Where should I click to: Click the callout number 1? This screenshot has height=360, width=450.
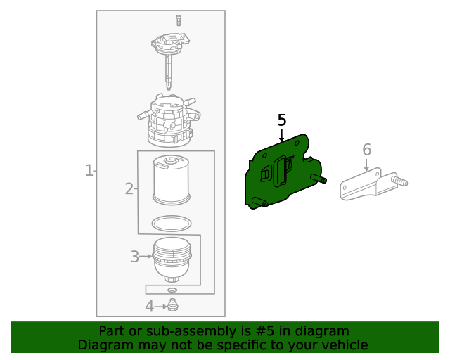[x=89, y=170]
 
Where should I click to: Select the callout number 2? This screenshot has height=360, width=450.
[x=129, y=188]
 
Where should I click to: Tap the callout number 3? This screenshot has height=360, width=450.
[x=134, y=257]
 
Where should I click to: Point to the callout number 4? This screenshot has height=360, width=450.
[x=149, y=307]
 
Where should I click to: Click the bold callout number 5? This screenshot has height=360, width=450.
[x=282, y=120]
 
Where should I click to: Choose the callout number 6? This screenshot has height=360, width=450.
[x=366, y=149]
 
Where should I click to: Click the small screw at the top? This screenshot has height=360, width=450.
[x=179, y=20]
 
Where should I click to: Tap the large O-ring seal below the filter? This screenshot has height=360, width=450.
[x=172, y=223]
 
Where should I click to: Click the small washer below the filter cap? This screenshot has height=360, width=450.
[x=172, y=289]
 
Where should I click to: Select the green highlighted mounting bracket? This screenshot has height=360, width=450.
[x=281, y=172]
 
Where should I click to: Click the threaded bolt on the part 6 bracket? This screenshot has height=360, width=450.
[x=401, y=182]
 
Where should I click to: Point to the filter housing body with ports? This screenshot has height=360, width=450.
[x=169, y=120]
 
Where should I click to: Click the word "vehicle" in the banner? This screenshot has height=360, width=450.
[x=343, y=345]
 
